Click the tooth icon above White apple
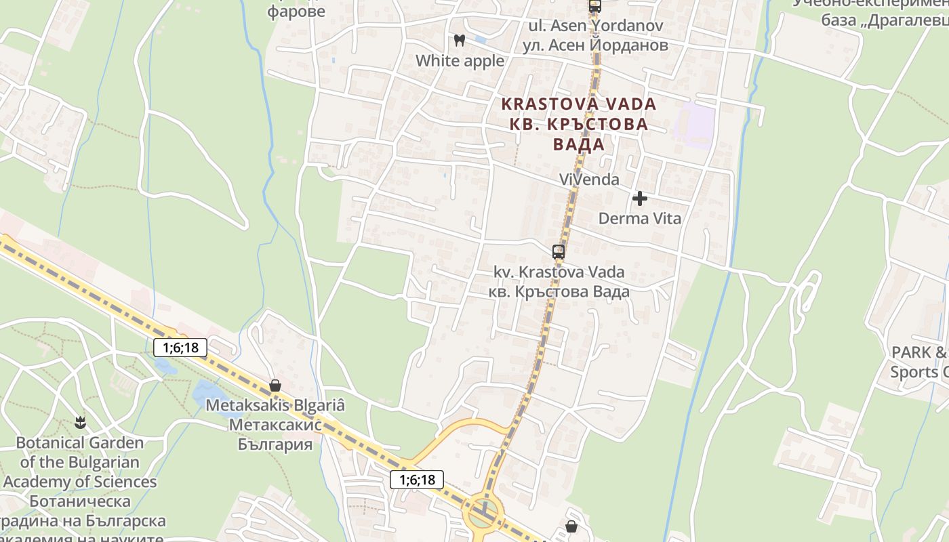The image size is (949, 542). click(x=460, y=40)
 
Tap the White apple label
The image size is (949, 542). click(x=460, y=61)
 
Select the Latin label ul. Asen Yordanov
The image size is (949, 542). click(x=596, y=27)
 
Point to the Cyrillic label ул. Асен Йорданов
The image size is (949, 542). click(x=596, y=45)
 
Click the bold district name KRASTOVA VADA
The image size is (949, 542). click(x=579, y=104)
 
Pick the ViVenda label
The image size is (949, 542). click(x=589, y=180)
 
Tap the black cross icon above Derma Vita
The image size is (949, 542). click(x=639, y=199)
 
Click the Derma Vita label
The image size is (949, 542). click(x=640, y=219)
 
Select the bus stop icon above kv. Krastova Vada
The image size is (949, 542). click(x=559, y=252)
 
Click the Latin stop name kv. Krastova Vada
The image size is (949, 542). click(x=559, y=272)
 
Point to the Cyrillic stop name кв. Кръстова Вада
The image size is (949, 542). click(x=559, y=291)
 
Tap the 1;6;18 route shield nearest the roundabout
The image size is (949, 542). click(x=417, y=480)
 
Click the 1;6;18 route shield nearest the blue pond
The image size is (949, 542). click(x=180, y=348)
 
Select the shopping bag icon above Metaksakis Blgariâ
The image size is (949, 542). click(x=275, y=385)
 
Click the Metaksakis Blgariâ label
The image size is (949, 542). click(x=275, y=406)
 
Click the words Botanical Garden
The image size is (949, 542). click(x=80, y=443)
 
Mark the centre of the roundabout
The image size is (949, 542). click(x=483, y=514)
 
